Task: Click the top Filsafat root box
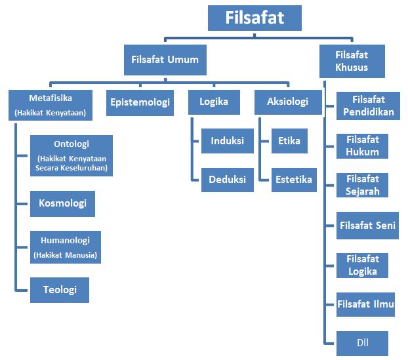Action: pyautogui.click(x=255, y=18)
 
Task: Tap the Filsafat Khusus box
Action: pyautogui.click(x=352, y=61)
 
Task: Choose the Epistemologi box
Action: pyautogui.click(x=140, y=102)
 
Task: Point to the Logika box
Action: pyautogui.click(x=213, y=102)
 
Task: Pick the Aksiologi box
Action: pyautogui.click(x=287, y=102)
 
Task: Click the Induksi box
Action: pyautogui.click(x=227, y=141)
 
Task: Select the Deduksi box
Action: pyautogui.click(x=227, y=180)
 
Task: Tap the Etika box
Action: pyautogui.click(x=289, y=141)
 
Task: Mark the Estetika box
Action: pyautogui.click(x=294, y=180)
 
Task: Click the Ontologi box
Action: pyautogui.click(x=71, y=156)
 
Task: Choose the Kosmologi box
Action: pyautogui.click(x=62, y=203)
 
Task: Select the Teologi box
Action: pyautogui.click(x=59, y=290)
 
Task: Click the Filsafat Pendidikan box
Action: pyautogui.click(x=368, y=106)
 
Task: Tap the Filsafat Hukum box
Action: pyautogui.click(x=363, y=146)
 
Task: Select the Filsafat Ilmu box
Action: pyautogui.click(x=365, y=304)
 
